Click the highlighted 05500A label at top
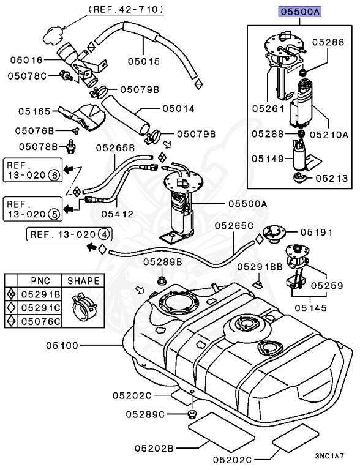click(301, 12)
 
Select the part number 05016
click(26, 60)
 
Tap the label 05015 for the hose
click(143, 61)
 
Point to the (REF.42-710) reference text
click(126, 9)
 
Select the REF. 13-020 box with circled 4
click(70, 234)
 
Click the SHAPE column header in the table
click(83, 281)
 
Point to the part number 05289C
click(146, 414)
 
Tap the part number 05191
click(315, 233)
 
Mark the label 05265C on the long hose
click(233, 226)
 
